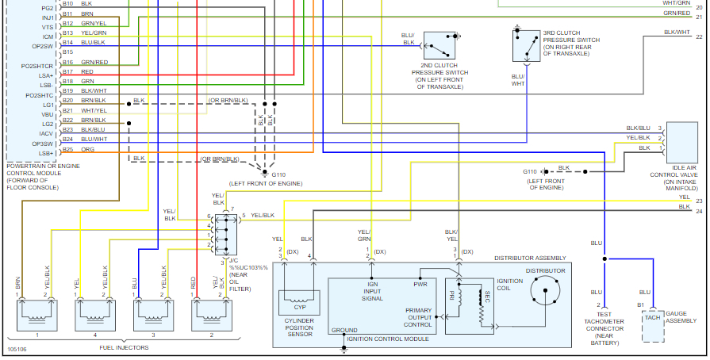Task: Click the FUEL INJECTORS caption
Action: coord(125,347)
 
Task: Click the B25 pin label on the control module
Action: coord(67,149)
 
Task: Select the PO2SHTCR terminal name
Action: coord(37,66)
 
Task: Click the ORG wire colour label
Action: coord(87,149)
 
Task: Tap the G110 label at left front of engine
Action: coord(278,174)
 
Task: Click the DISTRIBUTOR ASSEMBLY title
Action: coord(530,259)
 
